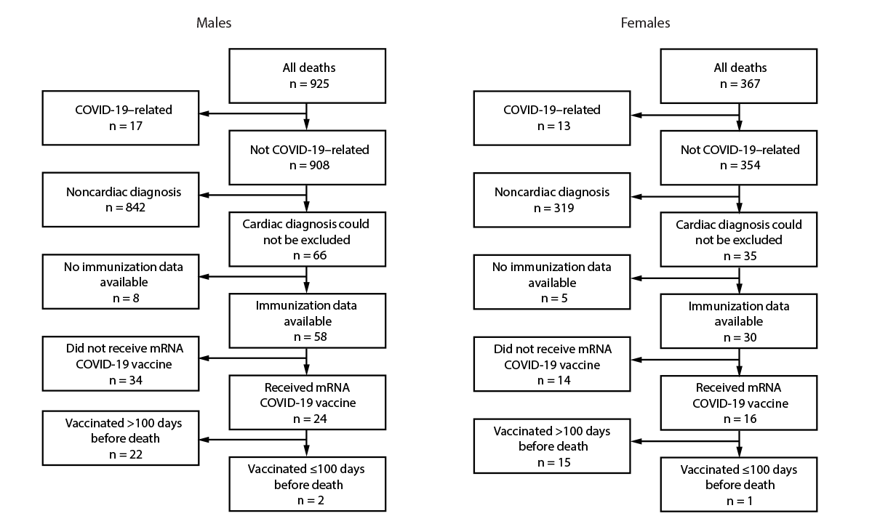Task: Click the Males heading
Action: pos(214,23)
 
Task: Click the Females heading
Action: pos(645,23)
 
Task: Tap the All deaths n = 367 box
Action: pos(739,76)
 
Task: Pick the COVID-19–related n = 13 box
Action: pos(553,117)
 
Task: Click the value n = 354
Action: pos(739,165)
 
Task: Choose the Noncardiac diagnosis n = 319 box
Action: pos(553,200)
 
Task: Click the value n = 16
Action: pos(739,419)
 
